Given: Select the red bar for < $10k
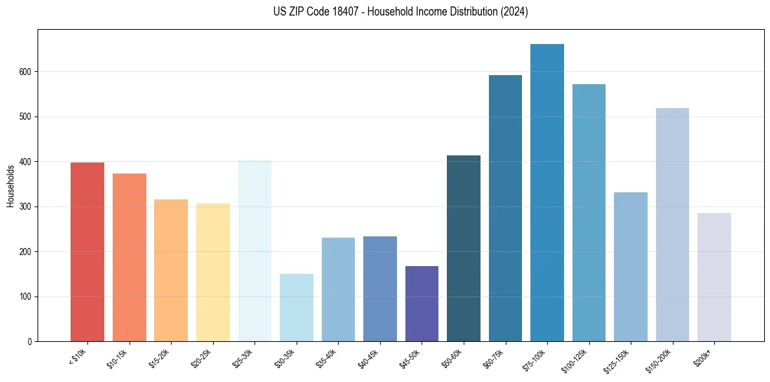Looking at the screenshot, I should (x=87, y=252).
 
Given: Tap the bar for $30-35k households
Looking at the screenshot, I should (x=297, y=308).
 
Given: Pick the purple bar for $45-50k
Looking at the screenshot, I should (x=422, y=304).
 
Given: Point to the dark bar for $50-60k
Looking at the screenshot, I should (x=464, y=249).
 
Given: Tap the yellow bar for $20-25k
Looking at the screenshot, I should (x=213, y=273).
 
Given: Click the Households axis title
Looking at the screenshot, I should (x=10, y=186).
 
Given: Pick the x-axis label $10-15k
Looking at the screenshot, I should (x=117, y=357).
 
